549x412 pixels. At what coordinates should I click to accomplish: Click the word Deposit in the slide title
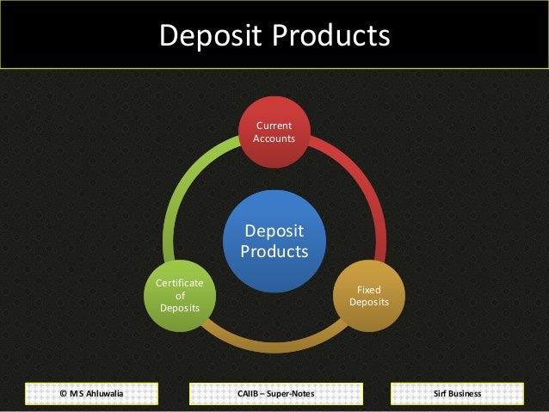pos(211,35)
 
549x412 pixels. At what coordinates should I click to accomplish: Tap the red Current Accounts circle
pos(274,132)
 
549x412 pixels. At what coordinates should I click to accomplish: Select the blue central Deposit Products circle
pos(274,242)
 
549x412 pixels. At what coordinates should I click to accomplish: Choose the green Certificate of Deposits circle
pos(180,296)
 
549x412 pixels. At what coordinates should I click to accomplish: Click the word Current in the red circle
pos(274,126)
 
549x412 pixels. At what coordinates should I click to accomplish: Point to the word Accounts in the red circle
pos(274,138)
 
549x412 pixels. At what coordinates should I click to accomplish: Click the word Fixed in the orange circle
pos(369,291)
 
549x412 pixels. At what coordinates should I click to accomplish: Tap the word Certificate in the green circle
pos(180,283)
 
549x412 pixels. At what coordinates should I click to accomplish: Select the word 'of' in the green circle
pos(180,295)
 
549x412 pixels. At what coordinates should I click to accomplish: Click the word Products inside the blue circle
pos(274,252)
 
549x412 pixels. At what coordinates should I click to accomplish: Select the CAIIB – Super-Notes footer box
pos(274,394)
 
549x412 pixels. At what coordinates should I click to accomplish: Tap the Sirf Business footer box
pos(458,394)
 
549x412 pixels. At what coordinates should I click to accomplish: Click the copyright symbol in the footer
pos(64,394)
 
